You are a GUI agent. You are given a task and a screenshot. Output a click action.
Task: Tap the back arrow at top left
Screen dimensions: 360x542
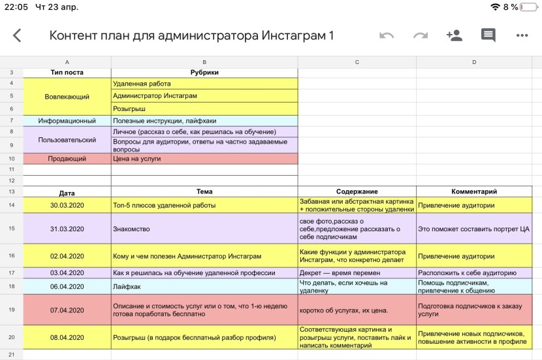pos(17,36)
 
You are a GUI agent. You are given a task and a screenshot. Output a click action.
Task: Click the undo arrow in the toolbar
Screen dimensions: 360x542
pos(387,35)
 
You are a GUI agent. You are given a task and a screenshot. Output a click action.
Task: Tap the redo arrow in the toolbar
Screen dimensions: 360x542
pos(421,35)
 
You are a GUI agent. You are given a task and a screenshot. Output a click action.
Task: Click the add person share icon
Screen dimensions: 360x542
pos(454,35)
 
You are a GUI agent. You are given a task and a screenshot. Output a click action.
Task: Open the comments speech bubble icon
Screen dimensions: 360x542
pos(488,35)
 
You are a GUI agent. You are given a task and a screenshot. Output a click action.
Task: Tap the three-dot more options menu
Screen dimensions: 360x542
pos(522,35)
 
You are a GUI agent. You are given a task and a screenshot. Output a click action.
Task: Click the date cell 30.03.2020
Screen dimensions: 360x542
pos(67,205)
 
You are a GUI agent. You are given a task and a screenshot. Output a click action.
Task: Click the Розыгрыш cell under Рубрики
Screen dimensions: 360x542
pos(204,108)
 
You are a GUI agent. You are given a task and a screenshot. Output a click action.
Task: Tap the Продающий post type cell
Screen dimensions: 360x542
pos(67,158)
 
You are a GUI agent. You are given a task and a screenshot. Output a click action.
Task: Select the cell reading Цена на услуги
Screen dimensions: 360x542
pos(204,158)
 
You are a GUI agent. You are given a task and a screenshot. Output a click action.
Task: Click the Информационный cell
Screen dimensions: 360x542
pos(67,121)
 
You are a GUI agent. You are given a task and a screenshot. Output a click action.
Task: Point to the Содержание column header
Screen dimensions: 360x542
pos(357,191)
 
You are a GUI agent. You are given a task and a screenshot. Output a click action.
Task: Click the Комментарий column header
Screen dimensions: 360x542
pos(474,191)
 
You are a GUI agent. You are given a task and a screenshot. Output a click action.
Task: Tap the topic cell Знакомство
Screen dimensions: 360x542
pos(204,229)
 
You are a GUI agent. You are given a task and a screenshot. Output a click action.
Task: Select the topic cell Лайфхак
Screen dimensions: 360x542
pos(204,286)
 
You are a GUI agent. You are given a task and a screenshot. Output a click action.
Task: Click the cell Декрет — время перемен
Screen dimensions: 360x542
pos(357,272)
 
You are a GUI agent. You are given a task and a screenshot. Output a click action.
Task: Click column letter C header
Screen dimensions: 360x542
pos(357,62)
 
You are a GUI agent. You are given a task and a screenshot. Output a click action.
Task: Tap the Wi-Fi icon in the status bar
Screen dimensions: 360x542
pos(495,7)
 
